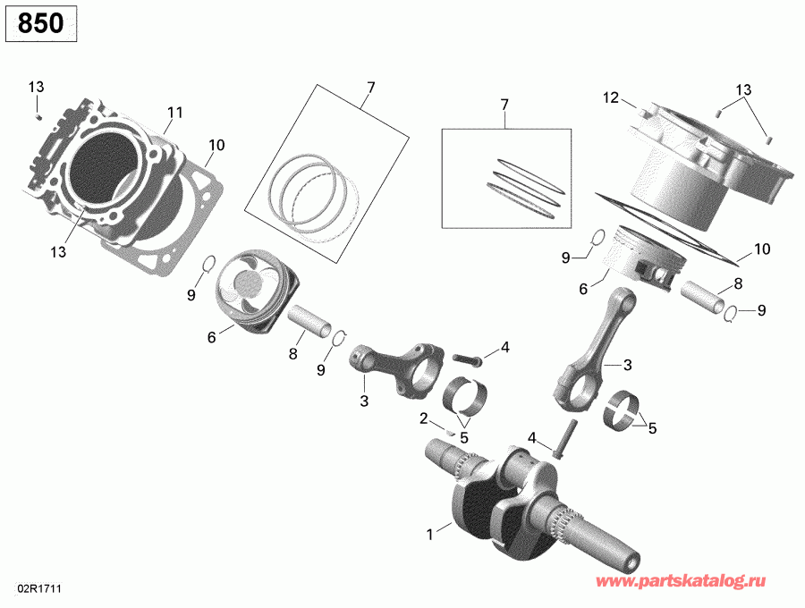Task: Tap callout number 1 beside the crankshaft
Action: (430, 535)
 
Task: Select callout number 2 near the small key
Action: (423, 418)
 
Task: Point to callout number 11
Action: (174, 113)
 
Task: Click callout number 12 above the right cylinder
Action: (611, 97)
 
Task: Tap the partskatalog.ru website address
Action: (695, 583)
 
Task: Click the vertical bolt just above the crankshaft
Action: (560, 444)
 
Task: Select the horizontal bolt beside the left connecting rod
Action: (467, 359)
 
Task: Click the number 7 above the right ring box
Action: (504, 105)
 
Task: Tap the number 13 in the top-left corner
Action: (36, 87)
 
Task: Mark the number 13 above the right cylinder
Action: (744, 90)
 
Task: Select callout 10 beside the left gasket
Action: (216, 145)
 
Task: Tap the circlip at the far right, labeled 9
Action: (731, 312)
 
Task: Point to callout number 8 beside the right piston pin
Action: (738, 283)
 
